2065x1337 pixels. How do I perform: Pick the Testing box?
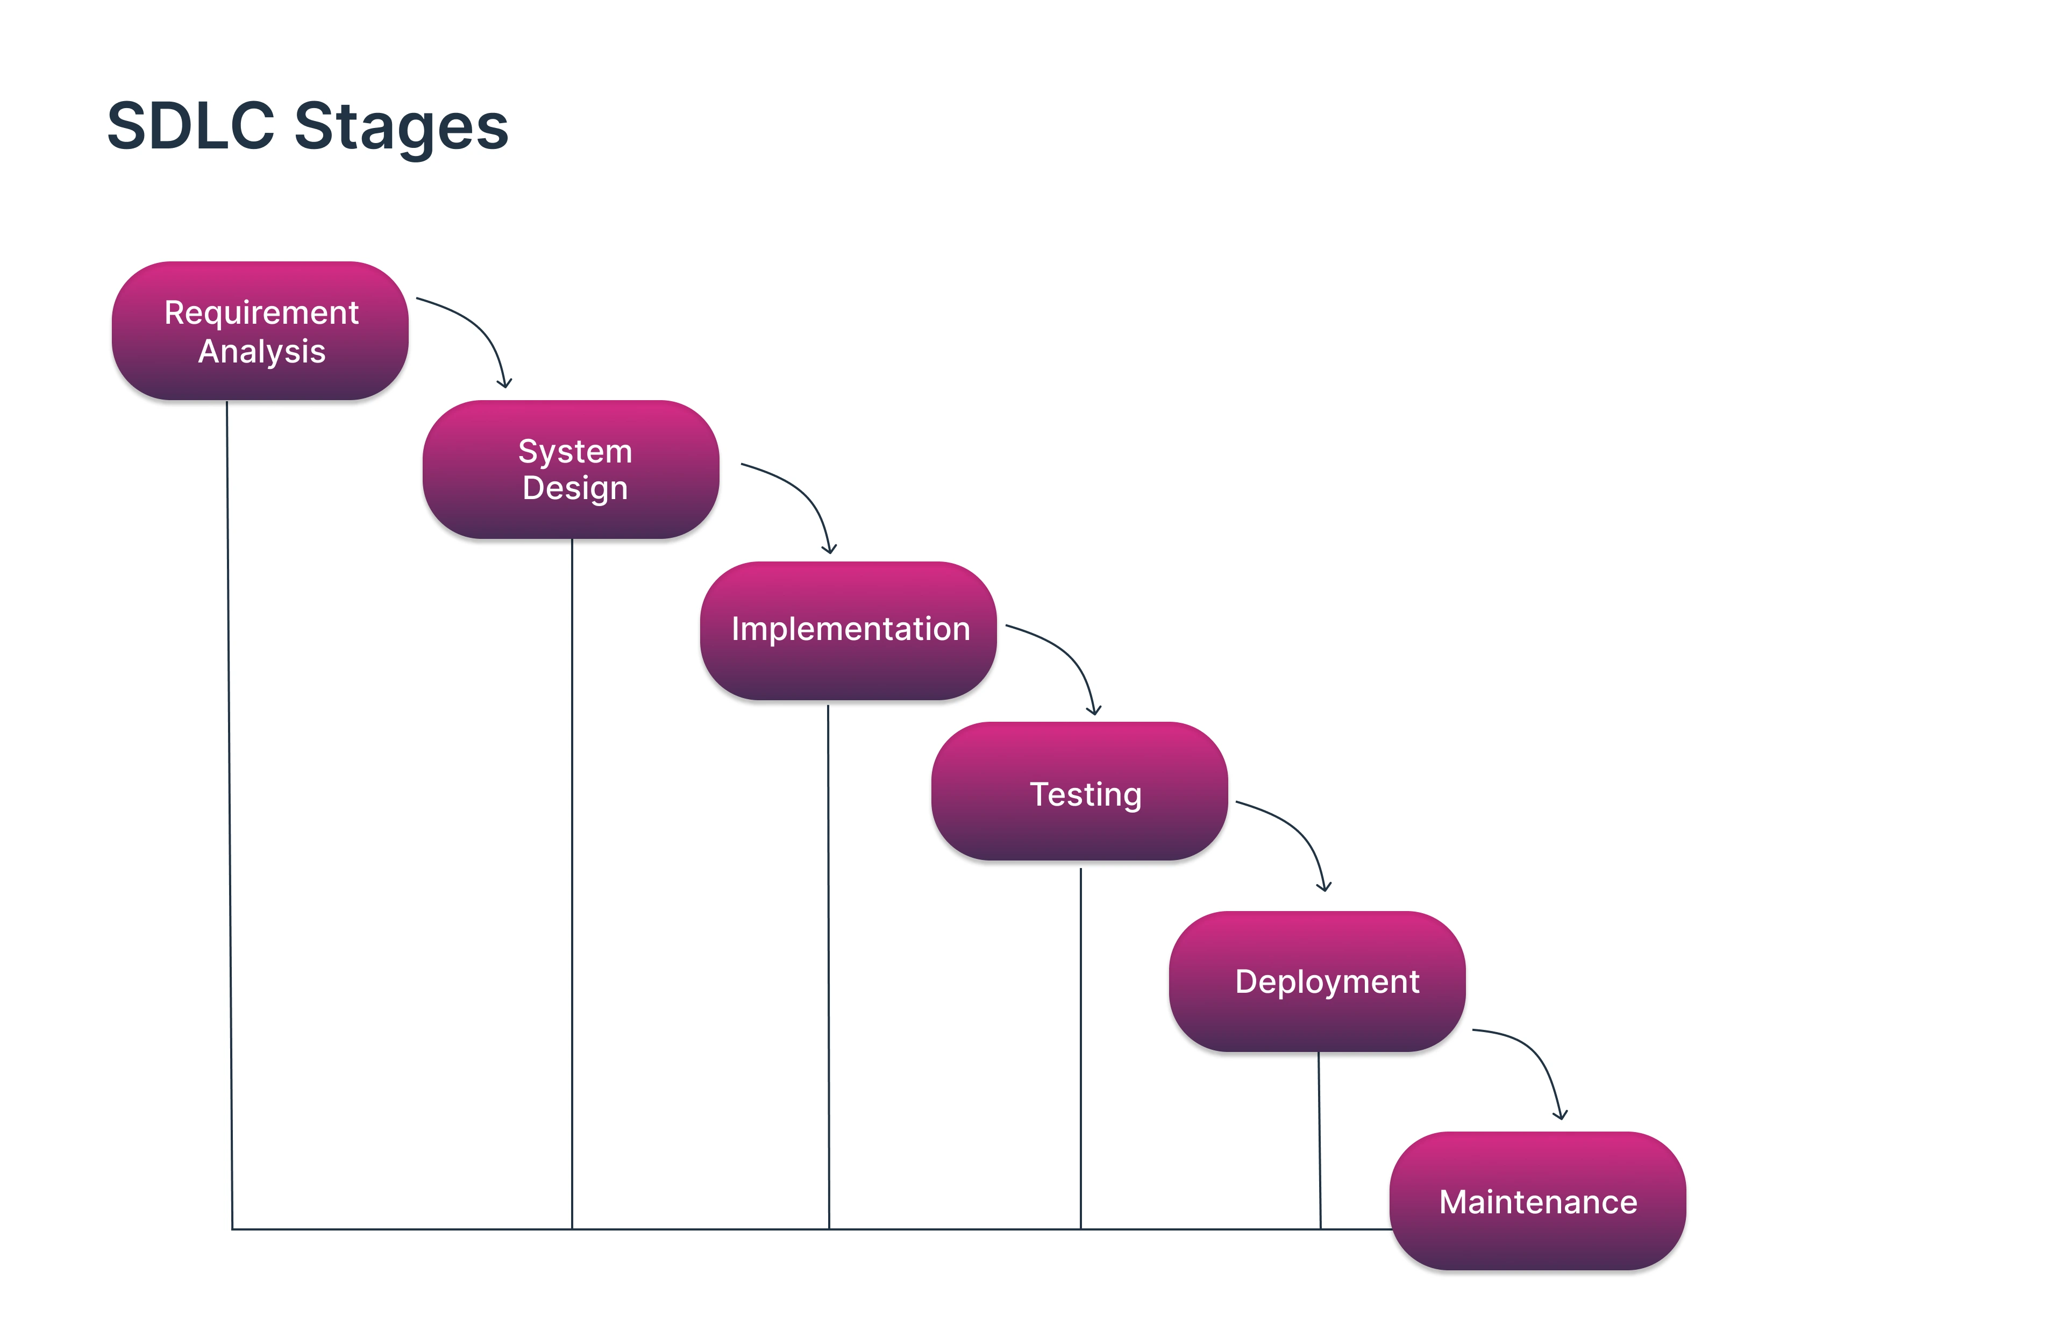point(1079,791)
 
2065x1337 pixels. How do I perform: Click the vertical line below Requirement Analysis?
point(230,815)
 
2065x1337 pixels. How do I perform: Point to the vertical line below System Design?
point(572,885)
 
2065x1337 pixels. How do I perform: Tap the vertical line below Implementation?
point(829,963)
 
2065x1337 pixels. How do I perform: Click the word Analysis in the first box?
point(261,351)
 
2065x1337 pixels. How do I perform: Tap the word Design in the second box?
point(574,488)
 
